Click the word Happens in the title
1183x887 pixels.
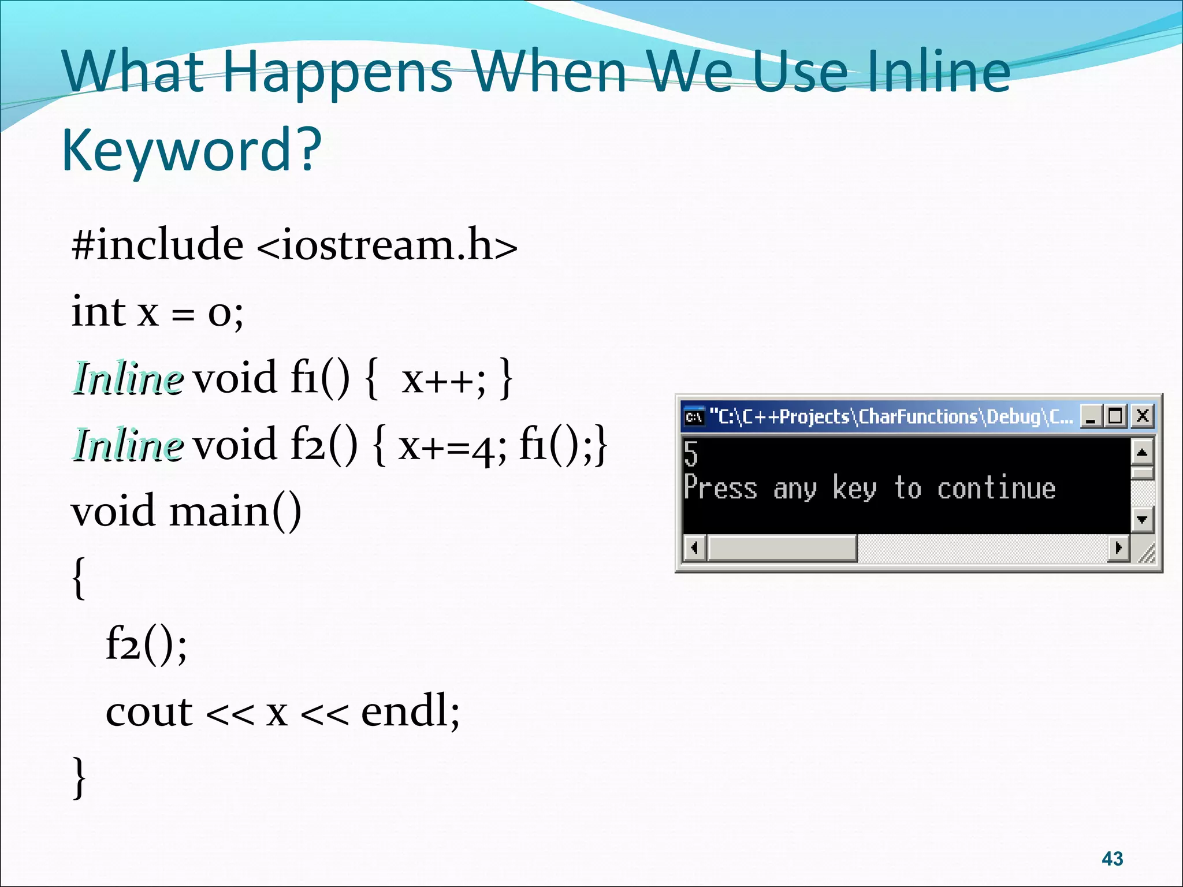337,72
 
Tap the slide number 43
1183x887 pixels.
1112,859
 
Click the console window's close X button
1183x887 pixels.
1142,416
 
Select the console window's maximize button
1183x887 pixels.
1115,416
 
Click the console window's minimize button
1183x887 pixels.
1091,416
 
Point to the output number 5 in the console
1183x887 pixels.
691,453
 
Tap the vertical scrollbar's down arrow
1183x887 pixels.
1141,519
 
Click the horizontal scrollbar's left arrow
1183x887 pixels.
694,547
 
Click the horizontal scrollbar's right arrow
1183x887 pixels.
1118,547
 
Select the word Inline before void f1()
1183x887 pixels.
128,379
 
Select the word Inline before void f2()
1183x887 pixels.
128,446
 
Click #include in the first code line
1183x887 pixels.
157,245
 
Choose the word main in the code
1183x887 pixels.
220,512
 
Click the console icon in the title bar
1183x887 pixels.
694,416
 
